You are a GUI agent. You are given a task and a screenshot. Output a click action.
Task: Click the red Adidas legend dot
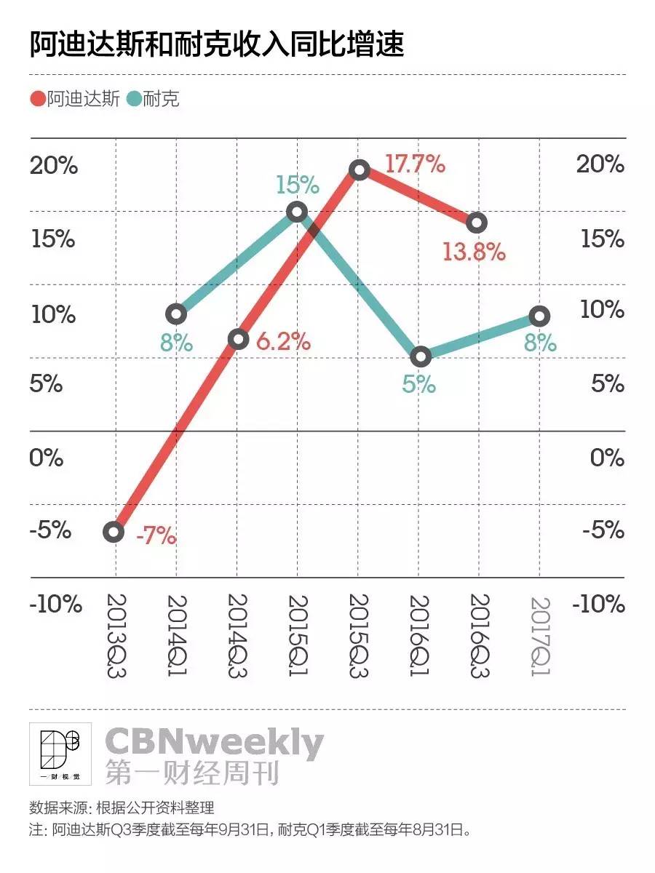39,98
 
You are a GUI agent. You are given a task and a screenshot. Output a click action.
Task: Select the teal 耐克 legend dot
133,98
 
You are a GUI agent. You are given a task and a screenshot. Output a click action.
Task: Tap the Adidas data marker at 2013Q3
114,532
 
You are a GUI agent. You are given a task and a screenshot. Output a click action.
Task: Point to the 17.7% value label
415,164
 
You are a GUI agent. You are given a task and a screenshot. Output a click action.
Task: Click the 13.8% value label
474,252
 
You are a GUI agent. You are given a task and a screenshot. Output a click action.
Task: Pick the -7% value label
156,538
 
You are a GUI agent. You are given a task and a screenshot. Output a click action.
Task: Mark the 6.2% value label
284,341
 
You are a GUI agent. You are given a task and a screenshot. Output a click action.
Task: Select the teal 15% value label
297,185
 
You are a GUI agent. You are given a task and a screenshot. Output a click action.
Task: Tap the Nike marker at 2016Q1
420,356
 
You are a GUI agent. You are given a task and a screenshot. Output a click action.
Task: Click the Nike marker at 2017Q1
539,316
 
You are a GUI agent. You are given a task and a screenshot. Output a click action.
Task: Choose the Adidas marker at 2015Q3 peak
358,170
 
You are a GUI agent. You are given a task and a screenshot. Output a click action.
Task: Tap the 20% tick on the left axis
54,166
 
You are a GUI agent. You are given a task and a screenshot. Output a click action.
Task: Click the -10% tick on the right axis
600,604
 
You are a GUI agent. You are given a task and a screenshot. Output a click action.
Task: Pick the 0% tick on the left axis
47,458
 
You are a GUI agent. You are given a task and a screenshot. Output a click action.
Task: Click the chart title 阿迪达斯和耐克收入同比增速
217,45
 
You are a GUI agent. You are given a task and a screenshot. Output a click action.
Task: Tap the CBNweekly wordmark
214,743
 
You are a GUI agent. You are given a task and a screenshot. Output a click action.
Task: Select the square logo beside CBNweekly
60,754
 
